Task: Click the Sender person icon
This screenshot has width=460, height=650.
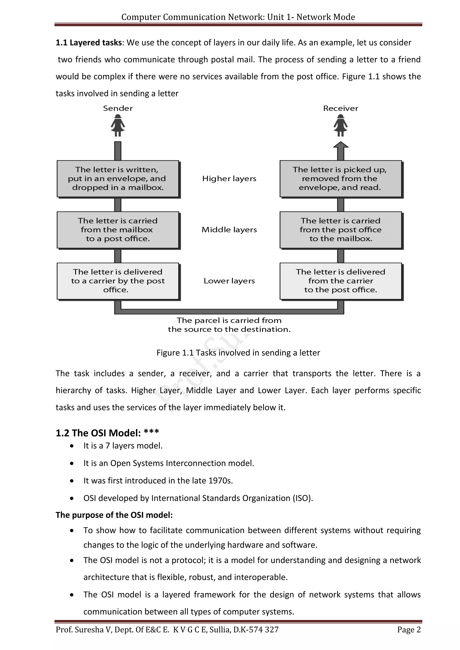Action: point(118,125)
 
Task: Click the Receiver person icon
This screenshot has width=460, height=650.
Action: point(341,125)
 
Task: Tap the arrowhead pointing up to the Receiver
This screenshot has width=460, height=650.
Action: point(341,145)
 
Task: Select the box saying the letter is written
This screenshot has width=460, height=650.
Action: point(118,179)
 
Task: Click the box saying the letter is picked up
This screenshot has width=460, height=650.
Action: point(341,179)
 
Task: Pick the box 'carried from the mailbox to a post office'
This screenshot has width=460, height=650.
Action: point(118,230)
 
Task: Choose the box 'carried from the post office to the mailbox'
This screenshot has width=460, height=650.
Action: point(341,230)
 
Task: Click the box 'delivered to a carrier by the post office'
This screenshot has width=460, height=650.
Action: point(118,281)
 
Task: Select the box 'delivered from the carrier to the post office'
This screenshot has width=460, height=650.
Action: point(341,281)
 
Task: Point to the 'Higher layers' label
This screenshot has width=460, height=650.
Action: point(229,179)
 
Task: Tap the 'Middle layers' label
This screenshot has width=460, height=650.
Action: point(229,230)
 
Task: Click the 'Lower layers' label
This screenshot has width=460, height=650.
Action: point(229,281)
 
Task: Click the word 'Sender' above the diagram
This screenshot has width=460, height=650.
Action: point(118,108)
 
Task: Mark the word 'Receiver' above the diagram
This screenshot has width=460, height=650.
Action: point(341,108)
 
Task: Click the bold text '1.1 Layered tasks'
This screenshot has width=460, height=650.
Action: point(89,43)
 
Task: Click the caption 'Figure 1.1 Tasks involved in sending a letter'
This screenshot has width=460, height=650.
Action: point(238,353)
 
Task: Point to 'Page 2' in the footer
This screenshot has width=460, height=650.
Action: point(409,630)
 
